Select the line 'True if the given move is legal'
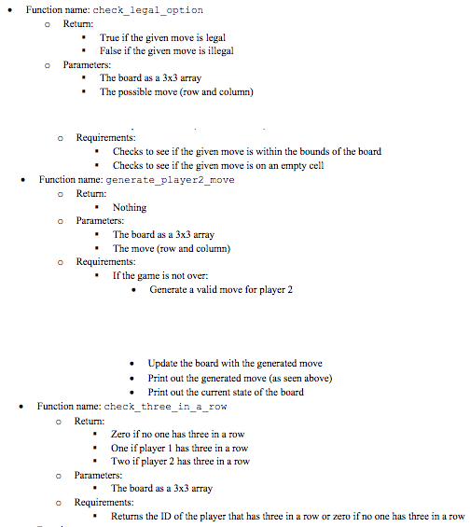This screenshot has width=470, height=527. tap(163, 38)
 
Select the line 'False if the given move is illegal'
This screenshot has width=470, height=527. tap(166, 51)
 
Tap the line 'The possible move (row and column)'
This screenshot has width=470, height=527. tap(177, 92)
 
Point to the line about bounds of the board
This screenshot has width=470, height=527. tap(246, 151)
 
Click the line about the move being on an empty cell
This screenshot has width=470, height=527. tap(218, 165)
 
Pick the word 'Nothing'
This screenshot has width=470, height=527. tap(130, 207)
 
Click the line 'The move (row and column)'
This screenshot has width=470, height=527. tap(171, 248)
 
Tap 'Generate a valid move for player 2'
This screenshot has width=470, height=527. tap(221, 290)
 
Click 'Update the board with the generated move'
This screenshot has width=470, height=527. tap(235, 364)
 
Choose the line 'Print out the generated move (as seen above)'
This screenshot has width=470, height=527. tap(240, 378)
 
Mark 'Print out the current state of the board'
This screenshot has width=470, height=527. tap(226, 392)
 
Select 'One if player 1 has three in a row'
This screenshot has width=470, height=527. tap(179, 448)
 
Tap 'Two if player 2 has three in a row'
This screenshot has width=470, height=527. tap(180, 461)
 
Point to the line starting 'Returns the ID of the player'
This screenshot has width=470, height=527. tap(287, 516)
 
